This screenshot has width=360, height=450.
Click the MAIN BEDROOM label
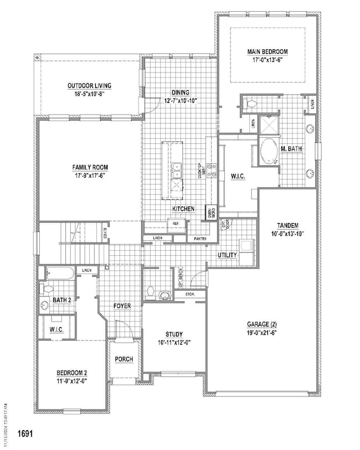[x=267, y=52]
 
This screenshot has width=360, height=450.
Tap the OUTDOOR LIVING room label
[x=89, y=86]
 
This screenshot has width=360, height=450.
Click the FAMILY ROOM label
[x=89, y=167]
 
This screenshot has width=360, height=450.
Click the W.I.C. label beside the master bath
[x=239, y=177]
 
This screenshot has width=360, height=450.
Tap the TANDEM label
[x=287, y=225]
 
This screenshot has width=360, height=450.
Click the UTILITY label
[x=227, y=255]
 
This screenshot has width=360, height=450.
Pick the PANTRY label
[x=200, y=239]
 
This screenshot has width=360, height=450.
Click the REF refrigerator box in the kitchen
[x=176, y=223]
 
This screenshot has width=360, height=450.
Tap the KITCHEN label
[x=183, y=209]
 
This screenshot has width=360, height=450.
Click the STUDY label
[x=174, y=334]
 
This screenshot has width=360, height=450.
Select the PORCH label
[x=124, y=359]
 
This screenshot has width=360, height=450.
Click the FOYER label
[x=122, y=305]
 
